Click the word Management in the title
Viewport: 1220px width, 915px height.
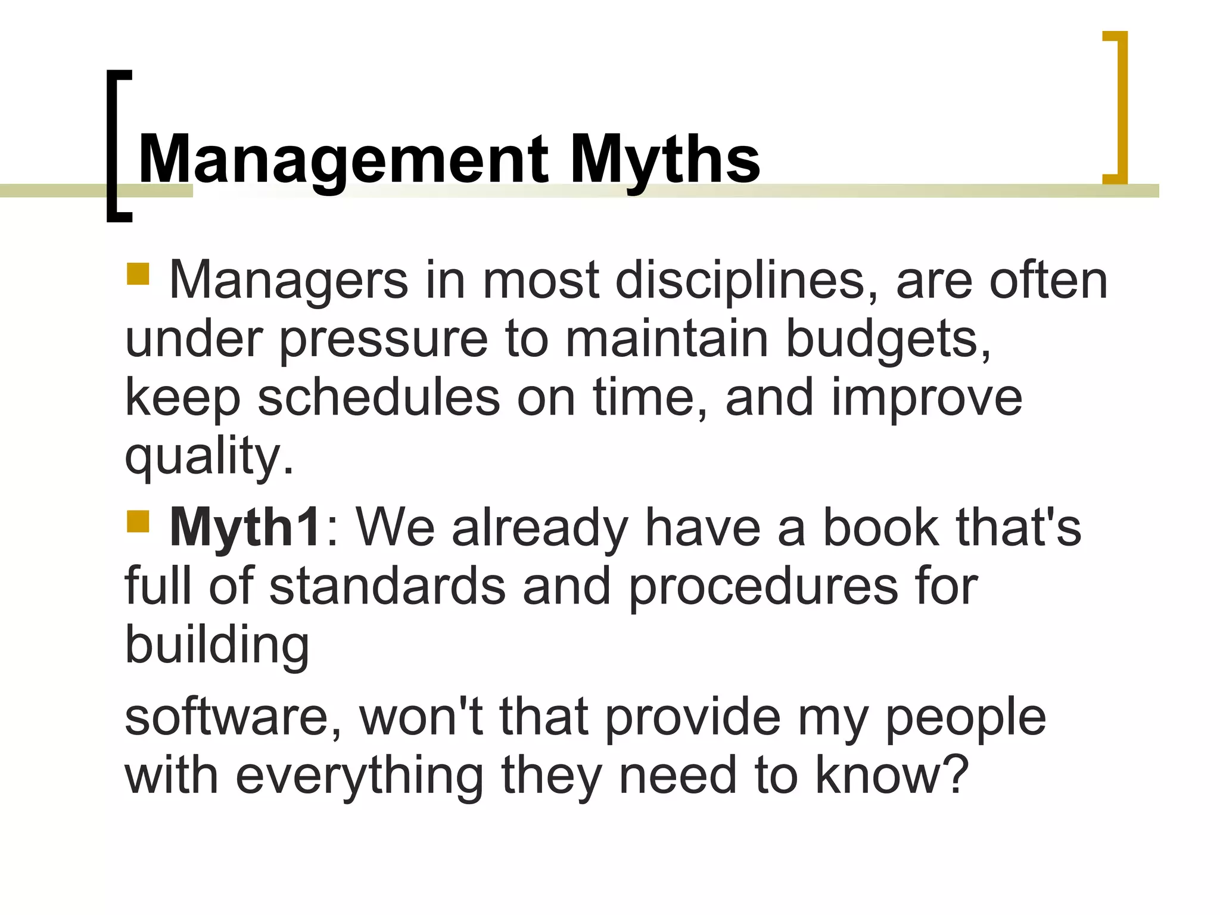[343, 160]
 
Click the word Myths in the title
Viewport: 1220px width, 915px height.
[664, 160]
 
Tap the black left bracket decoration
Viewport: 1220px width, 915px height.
[113, 146]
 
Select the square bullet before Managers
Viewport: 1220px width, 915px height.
[138, 274]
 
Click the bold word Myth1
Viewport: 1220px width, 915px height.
[245, 528]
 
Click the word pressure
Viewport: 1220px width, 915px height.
[384, 340]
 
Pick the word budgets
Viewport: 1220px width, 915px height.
[888, 340]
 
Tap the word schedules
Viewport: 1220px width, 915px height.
[378, 398]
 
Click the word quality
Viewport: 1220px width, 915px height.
[208, 456]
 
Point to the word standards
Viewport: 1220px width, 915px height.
[387, 586]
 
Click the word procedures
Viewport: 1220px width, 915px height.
[763, 586]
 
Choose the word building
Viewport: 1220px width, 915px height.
[217, 645]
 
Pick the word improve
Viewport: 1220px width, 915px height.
[926, 398]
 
